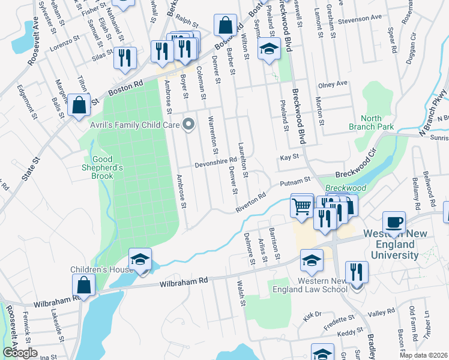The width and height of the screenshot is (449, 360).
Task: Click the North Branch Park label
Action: tap(372, 122)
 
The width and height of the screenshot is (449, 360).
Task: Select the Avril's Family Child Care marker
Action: tap(190, 125)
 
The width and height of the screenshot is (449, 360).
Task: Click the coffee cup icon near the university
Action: tap(394, 222)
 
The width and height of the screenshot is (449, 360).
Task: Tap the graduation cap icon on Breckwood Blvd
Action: tap(269, 50)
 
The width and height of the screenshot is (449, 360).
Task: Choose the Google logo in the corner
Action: tap(20, 352)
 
